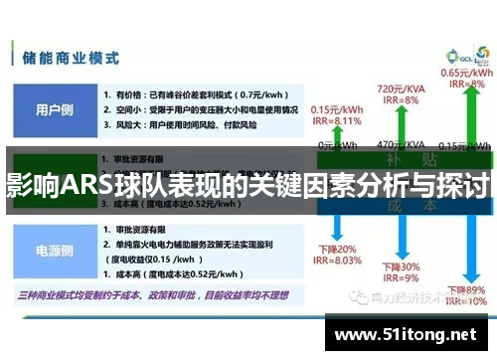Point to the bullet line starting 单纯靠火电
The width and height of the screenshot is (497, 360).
(184, 244)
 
